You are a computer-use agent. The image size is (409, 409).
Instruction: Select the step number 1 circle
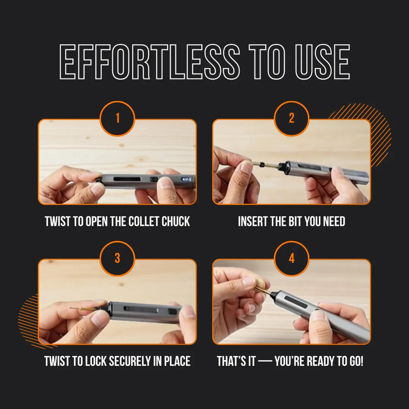coord(117,119)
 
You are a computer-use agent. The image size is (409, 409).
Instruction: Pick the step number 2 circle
coord(292,119)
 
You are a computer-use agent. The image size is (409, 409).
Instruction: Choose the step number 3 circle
coord(117,259)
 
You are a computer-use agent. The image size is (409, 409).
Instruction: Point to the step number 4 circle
coord(292,259)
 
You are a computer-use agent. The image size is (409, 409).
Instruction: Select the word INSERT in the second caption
coord(252,222)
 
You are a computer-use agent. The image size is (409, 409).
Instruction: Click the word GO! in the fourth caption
coord(355,362)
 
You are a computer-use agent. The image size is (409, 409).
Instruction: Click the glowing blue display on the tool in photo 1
coord(187,180)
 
